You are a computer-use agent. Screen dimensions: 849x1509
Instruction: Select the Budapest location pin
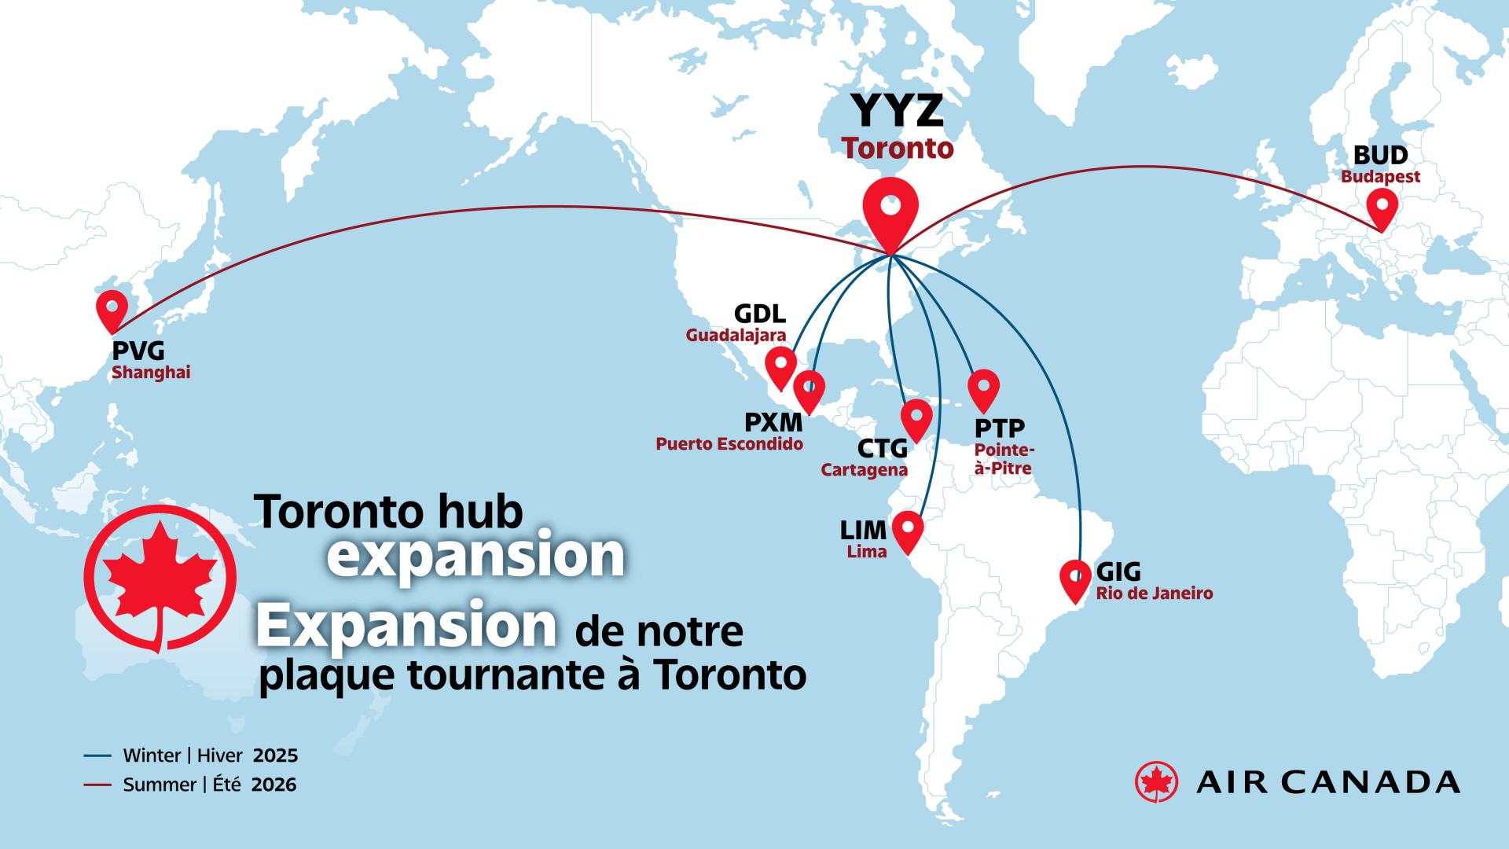coord(1382,207)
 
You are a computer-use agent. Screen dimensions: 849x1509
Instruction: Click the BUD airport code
coord(1380,155)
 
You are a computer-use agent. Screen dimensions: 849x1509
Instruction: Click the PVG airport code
coord(138,351)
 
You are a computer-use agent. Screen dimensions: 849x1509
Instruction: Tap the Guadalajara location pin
coord(780,365)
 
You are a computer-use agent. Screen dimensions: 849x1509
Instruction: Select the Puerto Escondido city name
coord(729,444)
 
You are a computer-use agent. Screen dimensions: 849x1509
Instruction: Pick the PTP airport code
coord(1000,428)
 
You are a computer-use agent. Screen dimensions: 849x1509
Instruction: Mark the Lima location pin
coord(908,529)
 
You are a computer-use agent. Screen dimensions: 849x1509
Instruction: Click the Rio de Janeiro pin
coord(1075,579)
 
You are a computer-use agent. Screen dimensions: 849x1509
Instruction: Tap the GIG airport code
coord(1118,572)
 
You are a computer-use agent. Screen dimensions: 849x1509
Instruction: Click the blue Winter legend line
coord(97,755)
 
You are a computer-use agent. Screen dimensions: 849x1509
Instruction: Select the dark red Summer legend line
coord(97,785)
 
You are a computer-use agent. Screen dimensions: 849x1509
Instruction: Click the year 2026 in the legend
coord(274,785)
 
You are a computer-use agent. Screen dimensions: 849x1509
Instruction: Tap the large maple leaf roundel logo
coord(160,579)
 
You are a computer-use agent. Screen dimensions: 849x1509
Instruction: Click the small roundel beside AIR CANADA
coord(1156,782)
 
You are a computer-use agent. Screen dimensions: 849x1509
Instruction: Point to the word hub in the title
coord(480,513)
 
